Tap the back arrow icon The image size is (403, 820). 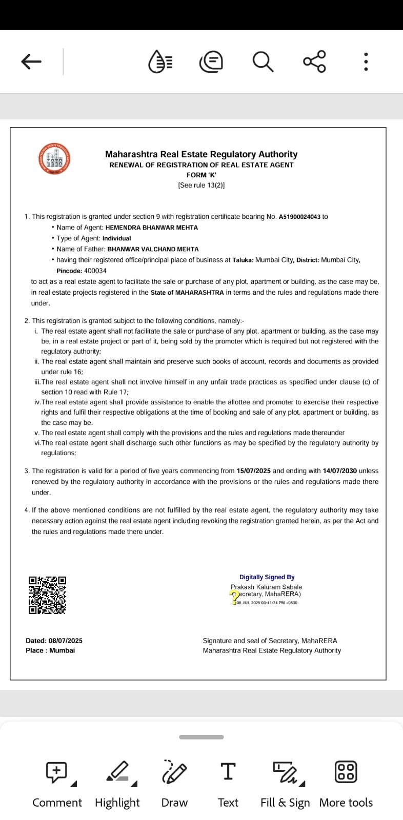31,62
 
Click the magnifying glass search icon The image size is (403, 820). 263,62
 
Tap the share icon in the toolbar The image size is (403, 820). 314,62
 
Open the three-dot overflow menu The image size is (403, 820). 366,62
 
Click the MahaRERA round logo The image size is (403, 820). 54,159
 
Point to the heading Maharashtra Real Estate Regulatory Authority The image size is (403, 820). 201,154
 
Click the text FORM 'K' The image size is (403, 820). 201,175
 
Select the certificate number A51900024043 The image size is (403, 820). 299,217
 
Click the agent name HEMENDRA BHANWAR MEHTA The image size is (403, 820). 151,228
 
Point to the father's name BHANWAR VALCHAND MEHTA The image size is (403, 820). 153,249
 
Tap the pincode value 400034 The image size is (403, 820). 95,271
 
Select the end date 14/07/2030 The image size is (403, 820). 339,470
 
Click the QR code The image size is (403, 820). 47,595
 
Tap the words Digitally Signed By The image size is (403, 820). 267,577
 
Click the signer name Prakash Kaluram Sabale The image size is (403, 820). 266,587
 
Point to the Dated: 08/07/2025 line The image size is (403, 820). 54,641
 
